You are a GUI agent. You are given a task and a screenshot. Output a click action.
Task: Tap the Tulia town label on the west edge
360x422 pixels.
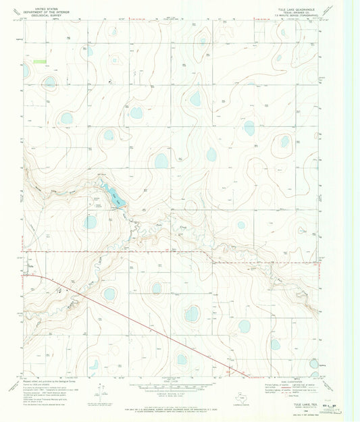28,266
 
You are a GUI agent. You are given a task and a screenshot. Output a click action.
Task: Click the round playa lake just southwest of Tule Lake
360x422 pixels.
90,221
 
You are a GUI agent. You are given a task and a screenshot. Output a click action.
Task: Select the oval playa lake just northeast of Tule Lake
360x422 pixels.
161,161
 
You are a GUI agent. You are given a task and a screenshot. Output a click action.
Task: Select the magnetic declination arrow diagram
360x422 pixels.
101,389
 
